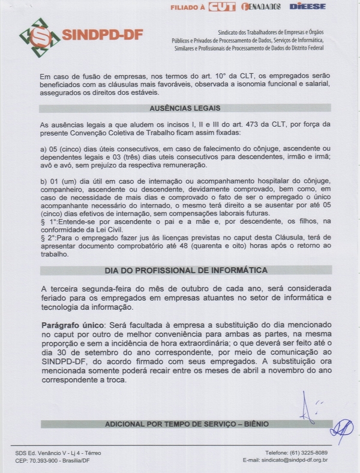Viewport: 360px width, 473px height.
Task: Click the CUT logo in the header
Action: point(222,7)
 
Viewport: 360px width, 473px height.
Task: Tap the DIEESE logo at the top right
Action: point(307,7)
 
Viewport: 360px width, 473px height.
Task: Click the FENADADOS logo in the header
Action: point(260,7)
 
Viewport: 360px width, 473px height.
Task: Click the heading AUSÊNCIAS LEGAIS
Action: point(185,109)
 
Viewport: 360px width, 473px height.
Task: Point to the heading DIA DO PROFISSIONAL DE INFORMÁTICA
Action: point(186,271)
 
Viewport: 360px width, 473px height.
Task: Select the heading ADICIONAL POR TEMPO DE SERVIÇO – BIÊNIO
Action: point(186,424)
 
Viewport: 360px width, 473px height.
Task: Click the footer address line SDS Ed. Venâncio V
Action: point(58,452)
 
